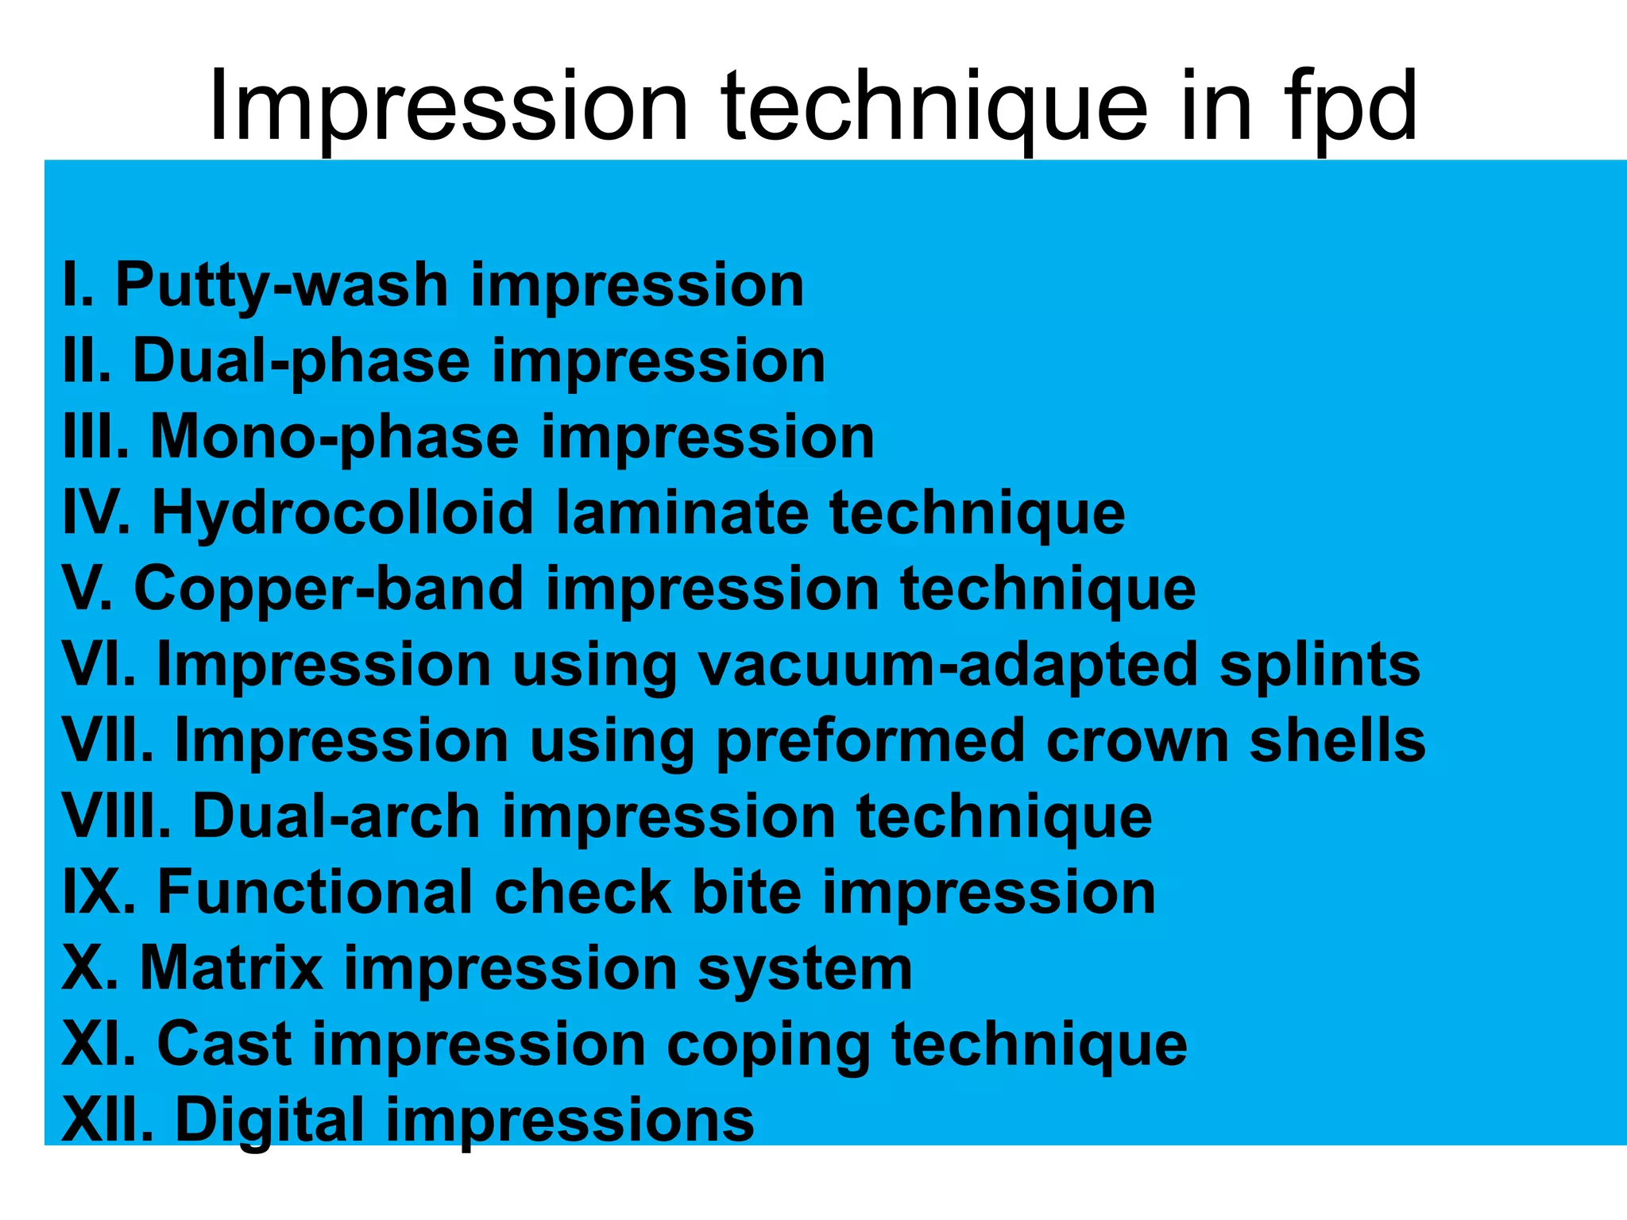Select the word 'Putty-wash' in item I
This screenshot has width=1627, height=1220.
pyautogui.click(x=282, y=285)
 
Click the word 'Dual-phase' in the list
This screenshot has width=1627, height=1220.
pyautogui.click(x=301, y=361)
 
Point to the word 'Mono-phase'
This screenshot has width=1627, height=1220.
pyautogui.click(x=334, y=437)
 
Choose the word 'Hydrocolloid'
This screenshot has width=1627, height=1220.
pyautogui.click(x=342, y=512)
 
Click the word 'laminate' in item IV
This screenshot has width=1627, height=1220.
pyautogui.click(x=682, y=512)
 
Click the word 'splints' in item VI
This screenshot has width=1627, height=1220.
pyautogui.click(x=1320, y=665)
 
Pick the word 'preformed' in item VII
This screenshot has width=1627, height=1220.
pyautogui.click(x=870, y=741)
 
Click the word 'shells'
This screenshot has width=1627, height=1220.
pyautogui.click(x=1337, y=741)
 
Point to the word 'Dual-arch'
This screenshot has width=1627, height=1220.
pyautogui.click(x=336, y=817)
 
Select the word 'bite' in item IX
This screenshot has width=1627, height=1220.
pyautogui.click(x=746, y=892)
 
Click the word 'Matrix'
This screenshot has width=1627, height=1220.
pyautogui.click(x=231, y=968)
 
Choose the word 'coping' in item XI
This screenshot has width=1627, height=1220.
pyautogui.click(x=768, y=1044)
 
